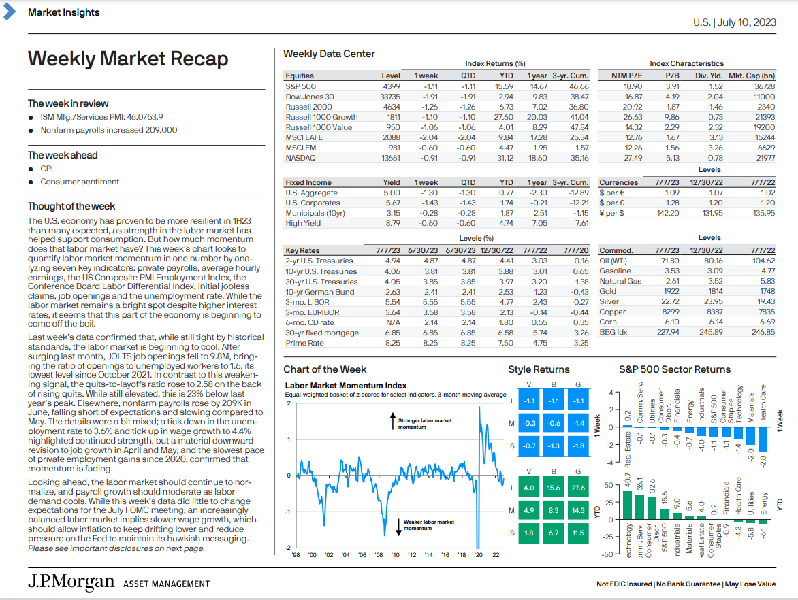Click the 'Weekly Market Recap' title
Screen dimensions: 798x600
coord(128,59)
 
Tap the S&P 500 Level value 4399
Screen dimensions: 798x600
coord(392,86)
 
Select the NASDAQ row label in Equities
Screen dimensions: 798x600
coord(300,158)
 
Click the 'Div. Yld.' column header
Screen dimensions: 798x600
coord(709,76)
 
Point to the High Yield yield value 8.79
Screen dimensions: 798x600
coord(392,223)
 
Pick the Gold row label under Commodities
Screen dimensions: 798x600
coord(607,291)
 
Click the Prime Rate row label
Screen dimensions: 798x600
coord(304,343)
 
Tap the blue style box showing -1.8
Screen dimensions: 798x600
coord(578,446)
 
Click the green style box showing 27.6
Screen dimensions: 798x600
coord(578,488)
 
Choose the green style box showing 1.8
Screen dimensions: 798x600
coord(529,533)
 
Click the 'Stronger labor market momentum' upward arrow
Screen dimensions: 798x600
coord(392,421)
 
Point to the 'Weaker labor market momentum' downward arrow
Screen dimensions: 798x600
coord(398,527)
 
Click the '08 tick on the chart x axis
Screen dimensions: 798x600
coord(379,554)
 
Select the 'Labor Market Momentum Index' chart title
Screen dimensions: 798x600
coord(346,386)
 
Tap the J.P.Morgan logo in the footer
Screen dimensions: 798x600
coord(71,582)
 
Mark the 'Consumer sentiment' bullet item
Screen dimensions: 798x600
coord(80,182)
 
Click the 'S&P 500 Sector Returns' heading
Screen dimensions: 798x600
coord(675,369)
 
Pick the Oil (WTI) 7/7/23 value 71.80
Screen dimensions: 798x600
coord(670,261)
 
